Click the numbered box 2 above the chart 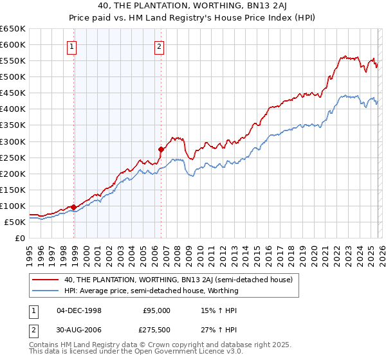pyautogui.click(x=158, y=46)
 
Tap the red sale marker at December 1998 pyautogui.click(x=73, y=207)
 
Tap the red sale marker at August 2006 pyautogui.click(x=161, y=149)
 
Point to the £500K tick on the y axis pyautogui.click(x=14, y=77)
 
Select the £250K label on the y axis pyautogui.click(x=14, y=157)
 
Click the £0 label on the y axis pyautogui.click(x=20, y=238)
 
